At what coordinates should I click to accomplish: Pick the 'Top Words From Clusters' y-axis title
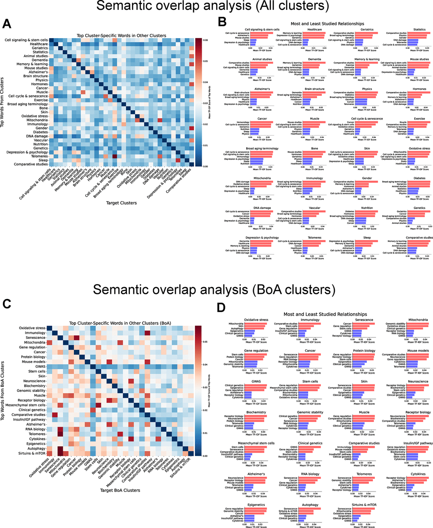(3, 102)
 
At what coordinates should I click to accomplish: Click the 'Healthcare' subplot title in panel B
(314, 30)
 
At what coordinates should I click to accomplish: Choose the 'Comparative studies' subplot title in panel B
(419, 238)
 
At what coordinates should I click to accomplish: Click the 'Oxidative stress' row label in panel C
(32, 328)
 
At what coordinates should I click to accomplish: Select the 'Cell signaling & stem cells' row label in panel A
(26, 40)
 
